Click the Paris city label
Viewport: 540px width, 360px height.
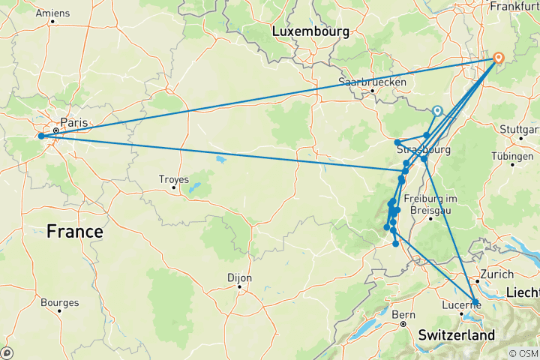tap(73, 122)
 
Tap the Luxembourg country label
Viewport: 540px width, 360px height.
tap(310, 31)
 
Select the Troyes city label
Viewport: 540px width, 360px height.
tap(174, 178)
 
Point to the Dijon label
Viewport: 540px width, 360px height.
tap(239, 277)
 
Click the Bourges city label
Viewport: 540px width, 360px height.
tap(61, 303)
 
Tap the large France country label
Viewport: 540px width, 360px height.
tap(74, 232)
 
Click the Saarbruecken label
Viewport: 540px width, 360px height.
tap(373, 82)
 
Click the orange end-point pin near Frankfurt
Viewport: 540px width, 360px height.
tap(498, 57)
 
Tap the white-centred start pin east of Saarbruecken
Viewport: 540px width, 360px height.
tap(437, 110)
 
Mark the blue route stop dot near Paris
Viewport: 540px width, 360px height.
tap(41, 136)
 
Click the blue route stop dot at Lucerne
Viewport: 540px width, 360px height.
tap(475, 302)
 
